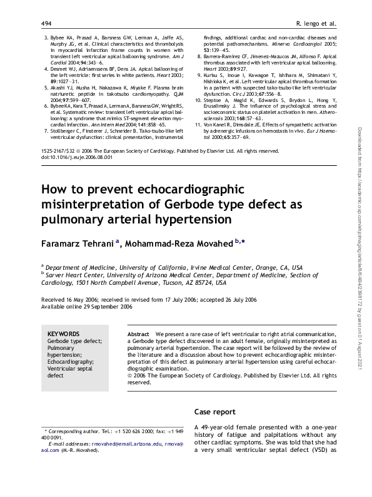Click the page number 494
46,24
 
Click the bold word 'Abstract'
138,334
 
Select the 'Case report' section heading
215,412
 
